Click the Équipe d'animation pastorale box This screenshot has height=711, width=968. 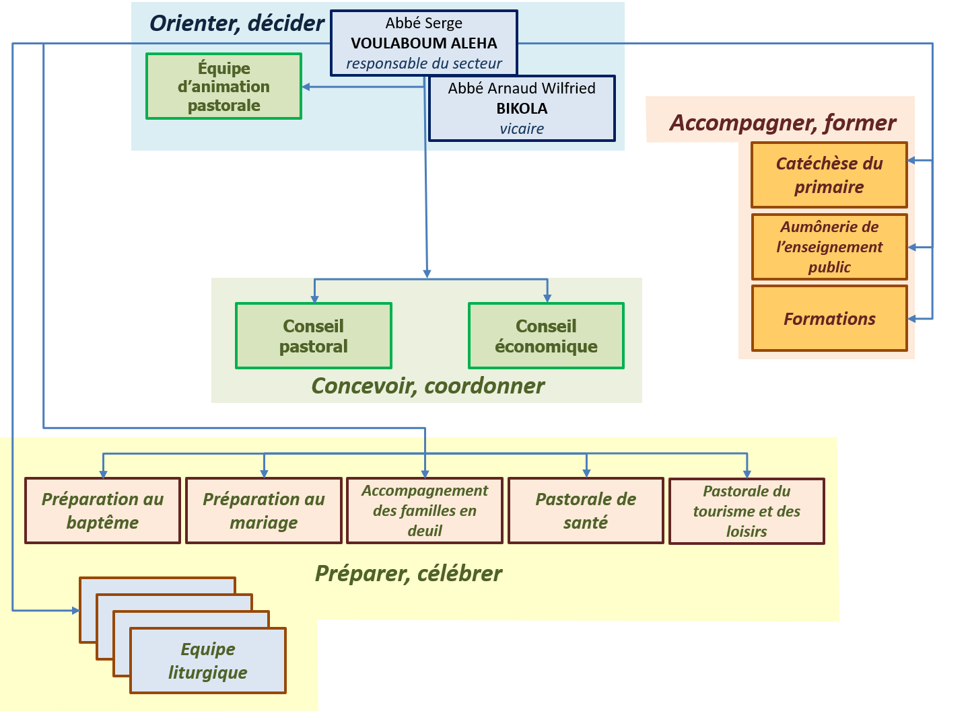[x=224, y=86]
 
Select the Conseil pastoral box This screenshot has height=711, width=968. [x=314, y=336]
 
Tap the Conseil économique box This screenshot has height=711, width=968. [x=546, y=336]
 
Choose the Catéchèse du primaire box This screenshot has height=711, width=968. [x=829, y=176]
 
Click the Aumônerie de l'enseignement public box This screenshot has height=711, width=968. [x=829, y=247]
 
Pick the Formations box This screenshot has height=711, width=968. [x=829, y=319]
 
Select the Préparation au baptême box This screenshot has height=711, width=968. [x=103, y=511]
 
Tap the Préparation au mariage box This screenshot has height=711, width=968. [x=264, y=511]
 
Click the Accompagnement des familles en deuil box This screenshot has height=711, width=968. [x=425, y=511]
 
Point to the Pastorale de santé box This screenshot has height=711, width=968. [x=586, y=511]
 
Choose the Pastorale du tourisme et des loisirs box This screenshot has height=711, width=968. [x=747, y=511]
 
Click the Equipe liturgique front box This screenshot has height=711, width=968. [x=208, y=661]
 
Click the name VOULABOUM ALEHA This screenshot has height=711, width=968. [x=424, y=43]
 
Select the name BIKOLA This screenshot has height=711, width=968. [x=522, y=108]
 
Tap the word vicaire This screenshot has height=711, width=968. [x=522, y=128]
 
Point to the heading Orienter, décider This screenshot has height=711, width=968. [x=237, y=24]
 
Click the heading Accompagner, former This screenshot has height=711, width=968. [x=783, y=123]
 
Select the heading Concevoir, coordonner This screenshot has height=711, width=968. [x=428, y=386]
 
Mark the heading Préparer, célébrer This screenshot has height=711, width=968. [x=409, y=574]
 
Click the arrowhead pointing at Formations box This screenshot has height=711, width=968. [x=912, y=319]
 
